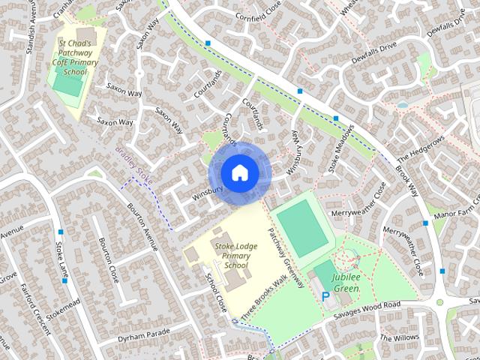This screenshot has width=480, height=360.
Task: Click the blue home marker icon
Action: tap(239, 173)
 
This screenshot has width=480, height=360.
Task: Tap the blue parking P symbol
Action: tap(325, 297)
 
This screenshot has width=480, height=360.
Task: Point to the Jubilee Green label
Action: tap(346, 283)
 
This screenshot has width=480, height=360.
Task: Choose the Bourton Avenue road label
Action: tap(142, 226)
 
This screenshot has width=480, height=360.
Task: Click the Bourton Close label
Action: tap(109, 259)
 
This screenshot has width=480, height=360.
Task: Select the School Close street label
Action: tap(217, 292)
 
